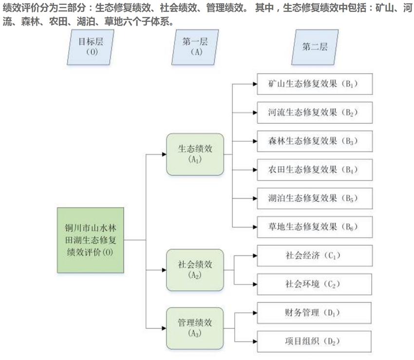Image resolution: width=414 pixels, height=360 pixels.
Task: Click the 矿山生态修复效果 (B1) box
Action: point(315,84)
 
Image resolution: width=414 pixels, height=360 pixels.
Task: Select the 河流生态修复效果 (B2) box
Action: point(315,113)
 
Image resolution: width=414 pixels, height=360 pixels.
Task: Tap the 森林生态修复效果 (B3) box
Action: point(315,141)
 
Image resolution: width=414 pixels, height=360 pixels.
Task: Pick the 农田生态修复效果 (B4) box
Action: point(315,170)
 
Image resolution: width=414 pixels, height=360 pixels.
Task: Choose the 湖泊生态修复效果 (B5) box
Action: point(315,198)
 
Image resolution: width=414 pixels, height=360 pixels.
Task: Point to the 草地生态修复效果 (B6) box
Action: point(315,227)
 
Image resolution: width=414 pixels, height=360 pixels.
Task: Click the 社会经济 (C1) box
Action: point(315,255)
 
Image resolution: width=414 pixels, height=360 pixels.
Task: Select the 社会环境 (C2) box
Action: point(315,284)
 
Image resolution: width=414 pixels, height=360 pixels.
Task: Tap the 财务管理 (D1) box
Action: point(315,312)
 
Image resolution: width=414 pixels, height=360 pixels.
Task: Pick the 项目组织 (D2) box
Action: point(315,341)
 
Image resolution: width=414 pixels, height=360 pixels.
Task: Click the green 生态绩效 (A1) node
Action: point(195,154)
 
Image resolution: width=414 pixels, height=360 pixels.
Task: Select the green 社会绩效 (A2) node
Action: point(195,270)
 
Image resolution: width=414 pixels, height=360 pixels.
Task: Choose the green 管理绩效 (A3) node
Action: point(195,327)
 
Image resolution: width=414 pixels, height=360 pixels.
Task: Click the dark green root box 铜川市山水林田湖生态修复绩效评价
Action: point(90,240)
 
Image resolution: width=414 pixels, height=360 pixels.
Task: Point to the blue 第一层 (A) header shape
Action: point(195,47)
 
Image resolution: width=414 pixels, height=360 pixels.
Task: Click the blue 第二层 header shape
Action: point(315,47)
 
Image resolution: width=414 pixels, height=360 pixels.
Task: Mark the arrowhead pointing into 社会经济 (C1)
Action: point(254,255)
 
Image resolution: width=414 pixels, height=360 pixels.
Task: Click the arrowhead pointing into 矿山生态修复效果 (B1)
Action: point(254,84)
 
